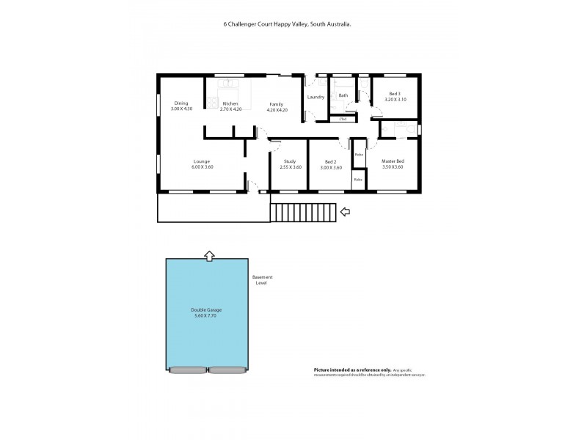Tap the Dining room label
point(181,103)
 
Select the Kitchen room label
point(230,103)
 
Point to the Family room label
point(276,104)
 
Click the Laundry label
point(316,98)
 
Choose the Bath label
point(343,95)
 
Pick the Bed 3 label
point(395,94)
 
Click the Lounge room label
point(202,161)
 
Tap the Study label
point(290,161)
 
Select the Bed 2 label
point(330,161)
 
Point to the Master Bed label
point(393,161)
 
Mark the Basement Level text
point(262,279)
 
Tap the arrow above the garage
point(209,255)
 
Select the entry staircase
point(303,212)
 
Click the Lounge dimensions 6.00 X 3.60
point(202,167)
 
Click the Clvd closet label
point(343,118)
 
